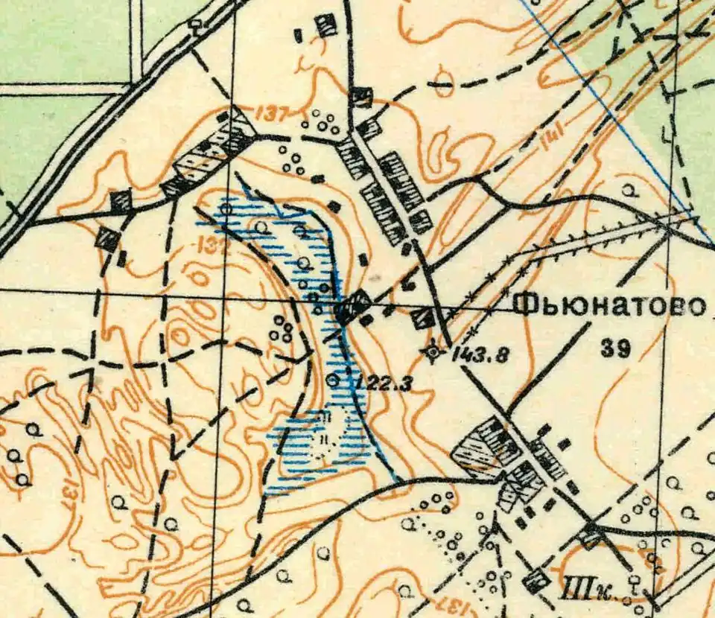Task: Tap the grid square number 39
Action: [x=618, y=348]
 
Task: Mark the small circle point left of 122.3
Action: [x=333, y=380]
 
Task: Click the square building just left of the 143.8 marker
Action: [x=424, y=318]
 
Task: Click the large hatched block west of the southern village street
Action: [x=484, y=447]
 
